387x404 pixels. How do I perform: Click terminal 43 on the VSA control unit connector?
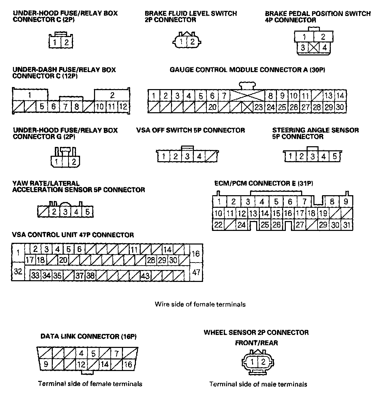pos(145,275)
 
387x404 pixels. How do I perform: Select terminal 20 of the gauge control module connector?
pos(212,107)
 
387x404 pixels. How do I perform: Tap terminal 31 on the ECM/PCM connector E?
pos(346,225)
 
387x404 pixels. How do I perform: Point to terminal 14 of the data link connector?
pos(105,364)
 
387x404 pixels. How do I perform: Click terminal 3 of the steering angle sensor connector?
pos(312,156)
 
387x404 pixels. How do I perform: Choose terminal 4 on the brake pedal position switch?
pos(324,48)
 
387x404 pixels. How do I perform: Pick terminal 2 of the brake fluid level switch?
pos(192,42)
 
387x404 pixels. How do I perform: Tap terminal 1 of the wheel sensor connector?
pos(252,362)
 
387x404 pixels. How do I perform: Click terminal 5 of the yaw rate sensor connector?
pos(87,212)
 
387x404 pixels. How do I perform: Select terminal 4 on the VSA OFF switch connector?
pos(199,156)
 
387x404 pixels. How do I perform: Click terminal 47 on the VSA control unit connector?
pos(196,272)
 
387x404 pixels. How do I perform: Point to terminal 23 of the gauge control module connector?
pos(259,107)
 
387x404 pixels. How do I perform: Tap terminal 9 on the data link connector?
pos(46,364)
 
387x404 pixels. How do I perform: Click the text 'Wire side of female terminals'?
pos(200,304)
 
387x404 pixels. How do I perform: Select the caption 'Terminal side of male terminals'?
pos(258,384)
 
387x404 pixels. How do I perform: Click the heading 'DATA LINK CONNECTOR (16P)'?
pos(89,337)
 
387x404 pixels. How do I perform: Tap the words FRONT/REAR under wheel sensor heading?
pos(256,343)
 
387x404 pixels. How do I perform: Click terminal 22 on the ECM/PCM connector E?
pos(218,225)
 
